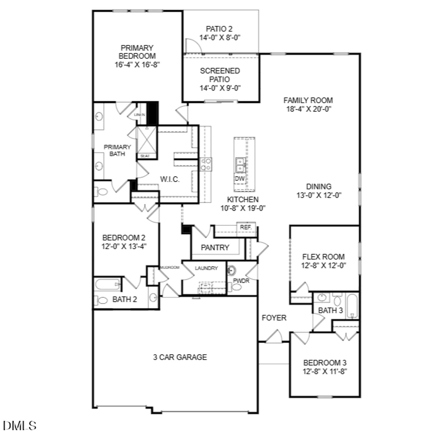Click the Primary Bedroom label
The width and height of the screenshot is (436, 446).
pyautogui.click(x=137, y=52)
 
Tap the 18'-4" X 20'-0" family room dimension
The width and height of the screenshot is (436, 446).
pyautogui.click(x=309, y=109)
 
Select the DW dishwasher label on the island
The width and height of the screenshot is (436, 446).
pyautogui.click(x=240, y=179)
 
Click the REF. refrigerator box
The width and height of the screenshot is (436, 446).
pyautogui.click(x=246, y=227)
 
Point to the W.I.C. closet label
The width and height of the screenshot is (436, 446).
pyautogui.click(x=170, y=179)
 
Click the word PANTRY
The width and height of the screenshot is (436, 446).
pyautogui.click(x=215, y=248)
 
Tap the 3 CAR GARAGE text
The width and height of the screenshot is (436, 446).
pyautogui.click(x=180, y=357)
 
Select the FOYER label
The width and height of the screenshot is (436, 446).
pyautogui.click(x=274, y=318)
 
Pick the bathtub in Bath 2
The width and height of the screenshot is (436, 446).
pyautogui.click(x=107, y=284)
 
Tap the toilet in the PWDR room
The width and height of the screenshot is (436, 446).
pyautogui.click(x=236, y=287)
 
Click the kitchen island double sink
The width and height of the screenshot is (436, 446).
pyautogui.click(x=240, y=165)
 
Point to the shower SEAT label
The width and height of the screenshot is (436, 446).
pyautogui.click(x=145, y=156)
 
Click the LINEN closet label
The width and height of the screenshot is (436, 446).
pyautogui.click(x=139, y=115)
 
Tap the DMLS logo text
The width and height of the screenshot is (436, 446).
pyautogui.click(x=20, y=426)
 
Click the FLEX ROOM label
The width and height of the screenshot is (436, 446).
pyautogui.click(x=323, y=257)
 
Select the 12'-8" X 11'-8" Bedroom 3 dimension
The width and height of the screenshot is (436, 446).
pyautogui.click(x=325, y=371)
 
